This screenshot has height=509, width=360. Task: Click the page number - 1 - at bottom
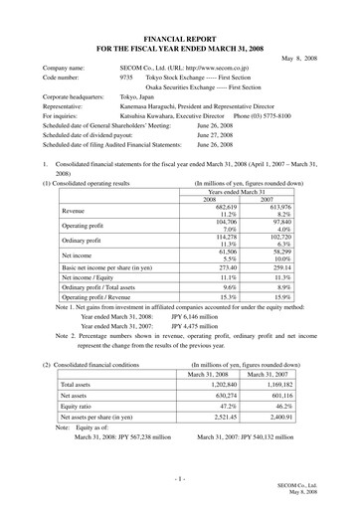180,480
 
